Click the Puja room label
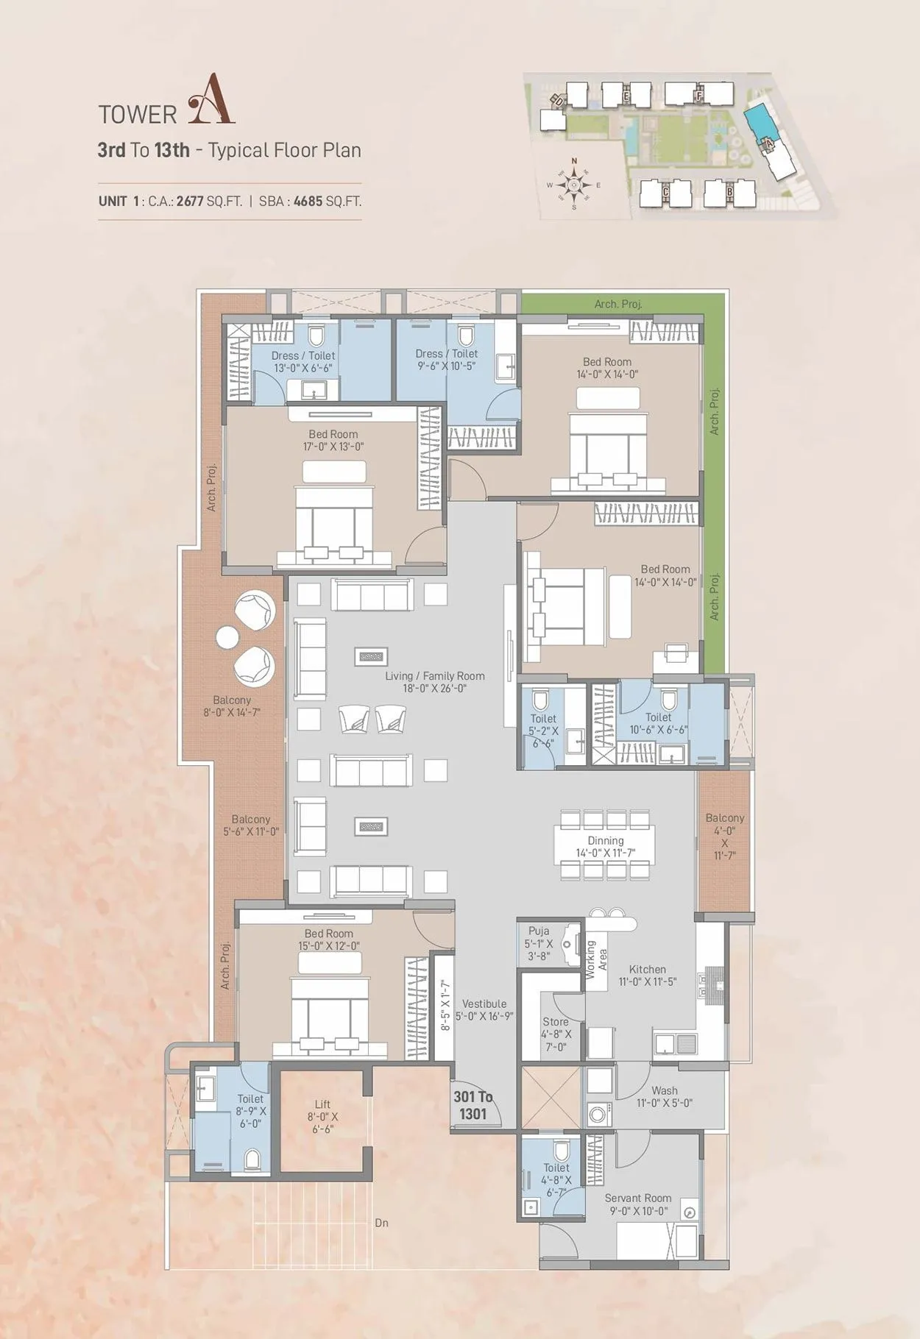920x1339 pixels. point(539,943)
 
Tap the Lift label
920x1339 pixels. point(322,1116)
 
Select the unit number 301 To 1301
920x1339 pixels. point(473,1105)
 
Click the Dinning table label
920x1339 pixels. point(605,846)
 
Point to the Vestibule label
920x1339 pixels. point(484,1009)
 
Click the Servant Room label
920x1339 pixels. point(637,1204)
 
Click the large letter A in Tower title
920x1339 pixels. point(211,99)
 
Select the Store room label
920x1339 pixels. point(555,1034)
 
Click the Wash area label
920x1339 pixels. point(664,1096)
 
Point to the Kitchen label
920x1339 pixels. point(647,975)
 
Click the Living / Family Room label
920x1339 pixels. point(434,682)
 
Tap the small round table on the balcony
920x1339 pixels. point(226,638)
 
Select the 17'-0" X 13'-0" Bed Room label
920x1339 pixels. point(333,440)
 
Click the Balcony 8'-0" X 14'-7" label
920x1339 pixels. point(232,706)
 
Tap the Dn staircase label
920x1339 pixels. point(381,1223)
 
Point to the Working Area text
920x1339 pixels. point(595,959)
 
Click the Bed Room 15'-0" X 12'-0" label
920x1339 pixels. point(329,940)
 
